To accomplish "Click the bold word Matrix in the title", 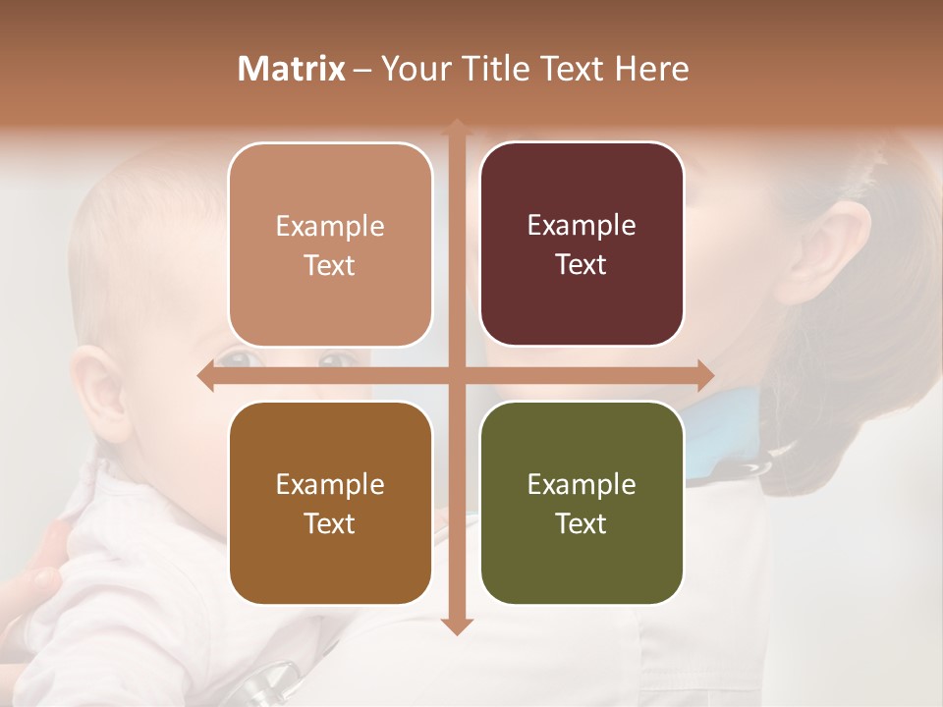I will [292, 69].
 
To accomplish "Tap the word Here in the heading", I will [651, 69].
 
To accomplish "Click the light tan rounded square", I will [330, 245].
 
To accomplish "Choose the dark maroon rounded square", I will [582, 244].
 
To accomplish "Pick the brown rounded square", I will [330, 503].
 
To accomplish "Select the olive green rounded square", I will [582, 503].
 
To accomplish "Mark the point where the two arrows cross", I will [456, 376].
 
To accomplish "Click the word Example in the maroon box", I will [582, 225].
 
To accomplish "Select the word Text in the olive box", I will [582, 523].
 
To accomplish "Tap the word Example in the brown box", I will [330, 484].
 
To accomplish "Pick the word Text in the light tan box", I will [330, 265].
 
